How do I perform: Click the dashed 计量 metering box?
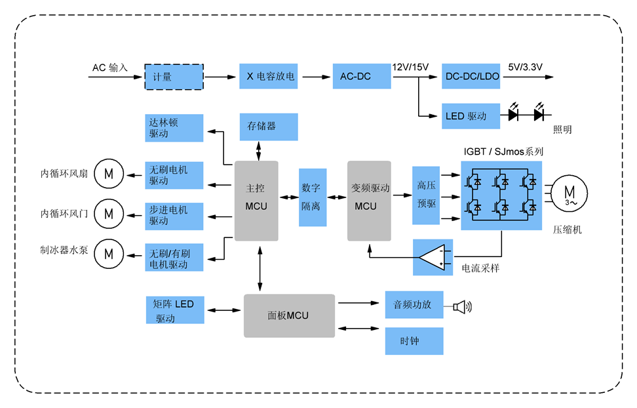click(x=174, y=77)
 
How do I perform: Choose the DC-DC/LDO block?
click(x=472, y=77)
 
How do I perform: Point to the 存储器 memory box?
click(x=269, y=126)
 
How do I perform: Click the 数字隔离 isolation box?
click(x=313, y=197)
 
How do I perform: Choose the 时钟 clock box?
click(x=414, y=341)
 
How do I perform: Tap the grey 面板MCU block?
click(x=289, y=316)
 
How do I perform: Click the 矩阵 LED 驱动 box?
click(x=174, y=310)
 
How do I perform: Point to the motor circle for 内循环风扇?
click(x=109, y=174)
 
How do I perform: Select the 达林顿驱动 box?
click(x=174, y=127)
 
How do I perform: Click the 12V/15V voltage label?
click(x=410, y=67)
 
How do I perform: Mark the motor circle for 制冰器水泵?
click(x=109, y=253)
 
